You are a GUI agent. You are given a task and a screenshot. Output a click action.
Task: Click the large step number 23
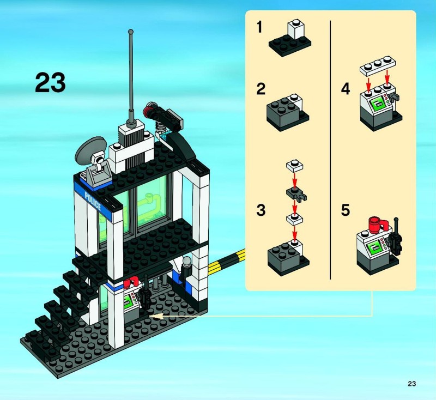click(50, 82)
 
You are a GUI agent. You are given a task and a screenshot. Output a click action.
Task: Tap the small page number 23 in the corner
click(412, 384)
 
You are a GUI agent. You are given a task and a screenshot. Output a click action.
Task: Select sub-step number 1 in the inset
click(259, 27)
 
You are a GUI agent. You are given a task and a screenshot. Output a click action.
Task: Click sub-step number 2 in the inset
click(261, 89)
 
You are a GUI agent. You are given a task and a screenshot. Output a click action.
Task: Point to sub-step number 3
click(261, 210)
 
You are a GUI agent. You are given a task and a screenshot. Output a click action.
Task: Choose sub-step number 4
click(346, 89)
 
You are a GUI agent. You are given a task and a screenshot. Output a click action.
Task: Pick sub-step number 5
click(346, 210)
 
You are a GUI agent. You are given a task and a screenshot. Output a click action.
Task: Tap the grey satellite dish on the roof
click(90, 151)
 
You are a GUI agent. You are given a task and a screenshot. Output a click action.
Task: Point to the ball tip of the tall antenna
click(131, 32)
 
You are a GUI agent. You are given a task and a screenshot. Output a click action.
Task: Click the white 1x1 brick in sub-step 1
click(296, 29)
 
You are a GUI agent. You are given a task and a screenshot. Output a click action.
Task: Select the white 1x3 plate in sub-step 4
click(378, 65)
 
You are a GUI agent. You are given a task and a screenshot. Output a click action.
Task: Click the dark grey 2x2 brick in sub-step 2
click(283, 113)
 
